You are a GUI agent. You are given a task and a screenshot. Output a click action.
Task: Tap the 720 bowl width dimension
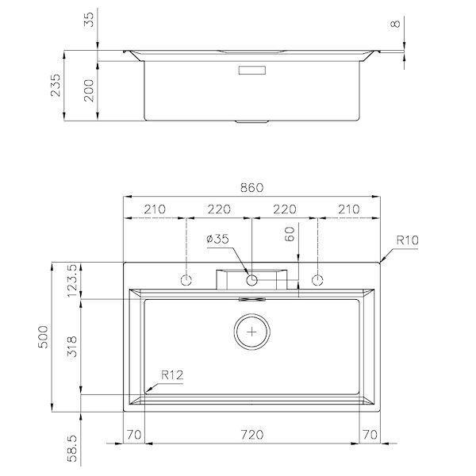point(251,435)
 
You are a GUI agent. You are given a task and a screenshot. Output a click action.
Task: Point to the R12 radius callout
point(172,374)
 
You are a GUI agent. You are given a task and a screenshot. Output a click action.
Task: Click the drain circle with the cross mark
point(251,332)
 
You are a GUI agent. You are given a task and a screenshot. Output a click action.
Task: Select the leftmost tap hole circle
point(186,281)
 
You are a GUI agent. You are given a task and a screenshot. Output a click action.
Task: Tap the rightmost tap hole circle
point(318,281)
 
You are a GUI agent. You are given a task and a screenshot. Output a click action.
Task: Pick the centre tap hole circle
point(251,281)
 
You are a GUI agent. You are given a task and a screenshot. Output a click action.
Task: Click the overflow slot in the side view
point(251,69)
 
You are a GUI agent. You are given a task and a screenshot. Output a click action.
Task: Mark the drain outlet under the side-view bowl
point(251,123)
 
